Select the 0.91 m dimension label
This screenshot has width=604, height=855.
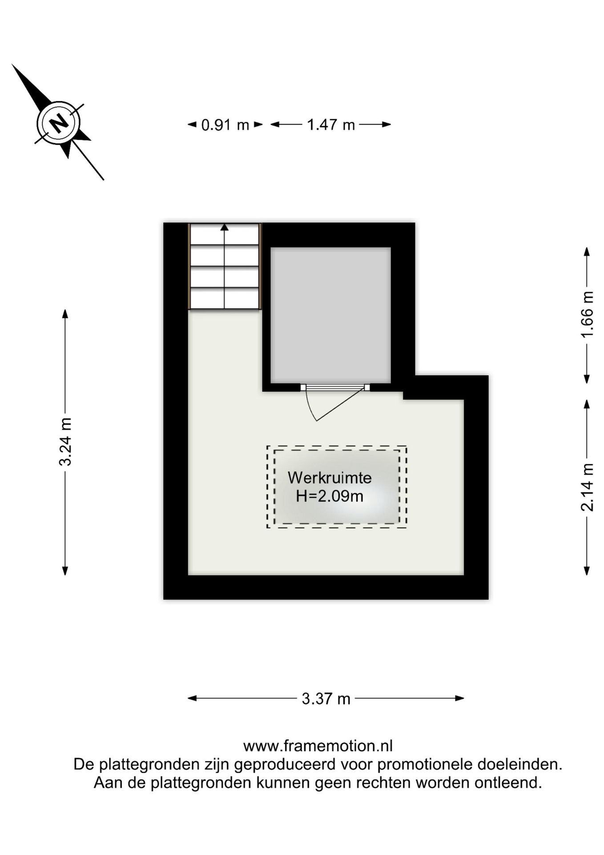pyautogui.click(x=225, y=125)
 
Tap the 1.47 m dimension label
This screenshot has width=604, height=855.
pyautogui.click(x=331, y=125)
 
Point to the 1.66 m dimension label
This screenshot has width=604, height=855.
pyautogui.click(x=587, y=314)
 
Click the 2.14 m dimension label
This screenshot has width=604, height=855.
pyautogui.click(x=587, y=487)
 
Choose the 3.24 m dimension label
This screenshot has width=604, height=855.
pyautogui.click(x=65, y=442)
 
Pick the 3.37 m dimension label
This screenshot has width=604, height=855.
pyautogui.click(x=326, y=699)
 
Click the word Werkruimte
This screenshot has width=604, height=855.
pyautogui.click(x=330, y=478)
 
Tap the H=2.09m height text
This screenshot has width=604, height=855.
pyautogui.click(x=330, y=496)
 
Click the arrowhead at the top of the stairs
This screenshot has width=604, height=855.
pyautogui.click(x=225, y=227)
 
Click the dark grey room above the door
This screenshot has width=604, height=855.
pyautogui.click(x=330, y=315)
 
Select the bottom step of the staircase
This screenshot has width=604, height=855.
pyautogui.click(x=225, y=298)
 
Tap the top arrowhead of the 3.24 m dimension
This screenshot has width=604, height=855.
pyautogui.click(x=65, y=313)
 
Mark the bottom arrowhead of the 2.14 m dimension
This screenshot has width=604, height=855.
pyautogui.click(x=587, y=570)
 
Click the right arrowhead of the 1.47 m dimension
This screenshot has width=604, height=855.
pyautogui.click(x=387, y=125)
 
